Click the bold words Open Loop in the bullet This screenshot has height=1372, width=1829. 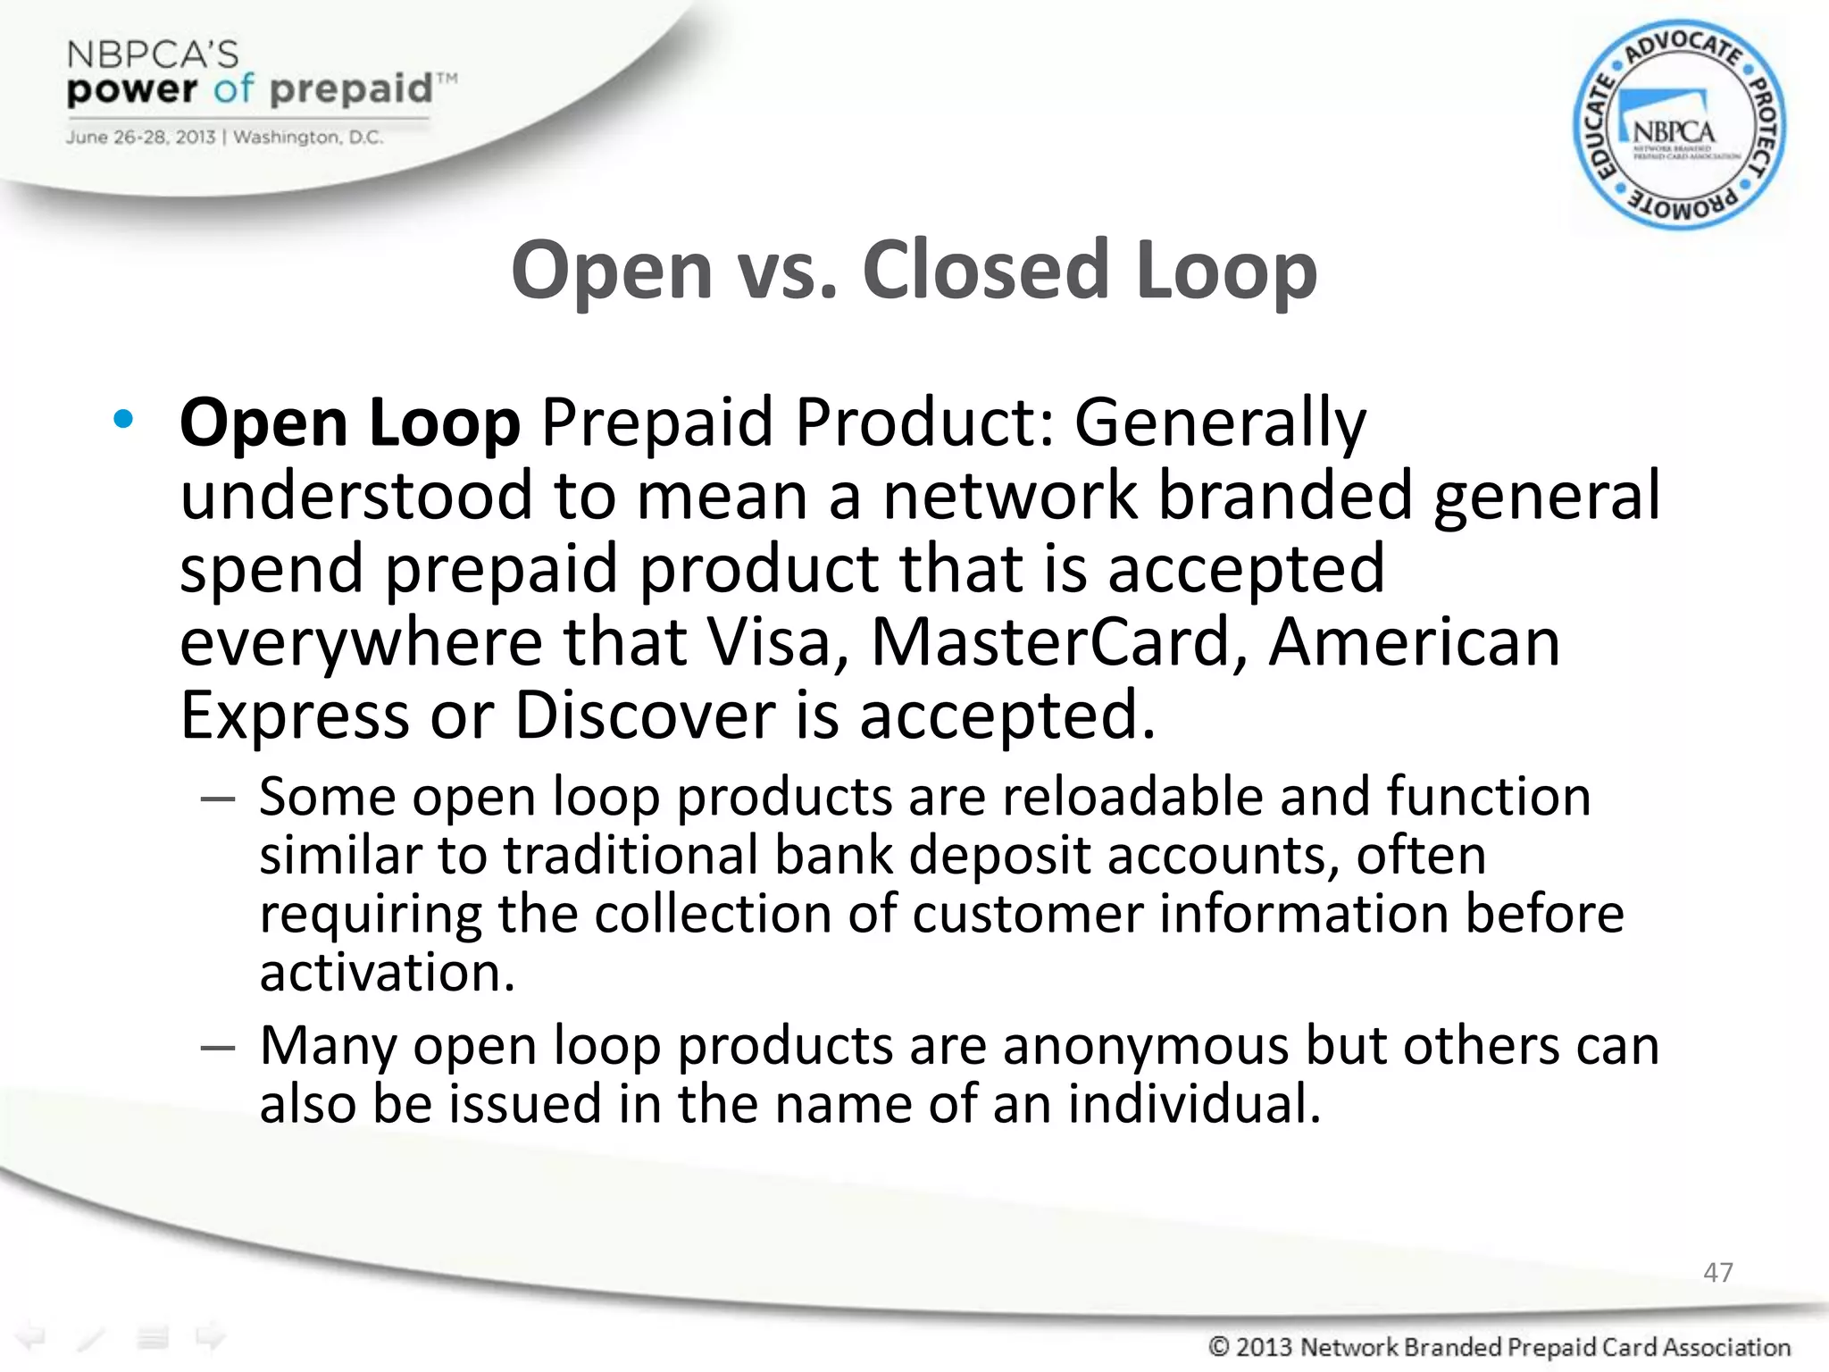(x=349, y=422)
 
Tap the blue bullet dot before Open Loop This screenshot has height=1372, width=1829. (x=123, y=419)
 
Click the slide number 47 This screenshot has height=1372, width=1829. (x=1717, y=1272)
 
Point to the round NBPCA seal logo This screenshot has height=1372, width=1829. (x=1678, y=126)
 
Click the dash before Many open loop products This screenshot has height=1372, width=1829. (x=218, y=1047)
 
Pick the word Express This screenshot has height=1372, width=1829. (x=293, y=715)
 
